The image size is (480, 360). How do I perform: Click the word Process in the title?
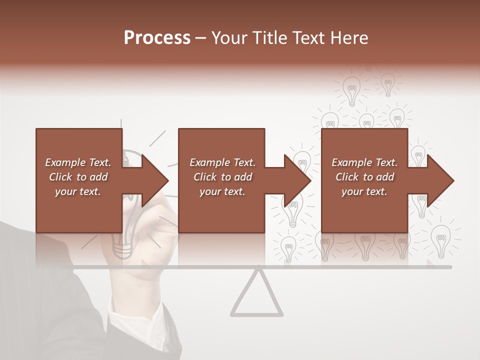[x=157, y=38]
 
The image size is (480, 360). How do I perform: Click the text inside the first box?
[x=78, y=177]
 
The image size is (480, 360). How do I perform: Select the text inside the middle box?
[x=222, y=177]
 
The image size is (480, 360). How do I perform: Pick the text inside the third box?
[x=364, y=177]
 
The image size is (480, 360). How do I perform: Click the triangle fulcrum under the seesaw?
[x=256, y=296]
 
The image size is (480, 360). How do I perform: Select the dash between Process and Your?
[x=200, y=38]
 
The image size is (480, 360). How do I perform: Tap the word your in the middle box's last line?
[x=210, y=191]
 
